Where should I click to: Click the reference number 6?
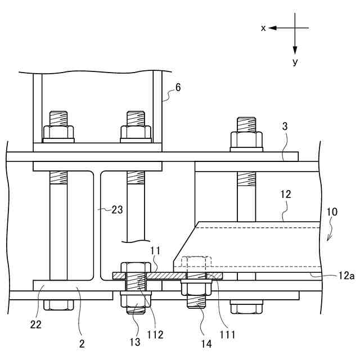(x=178, y=88)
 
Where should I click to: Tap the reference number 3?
(x=285, y=126)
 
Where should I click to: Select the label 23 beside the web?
(x=117, y=210)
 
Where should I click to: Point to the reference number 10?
(x=332, y=212)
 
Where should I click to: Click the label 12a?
(x=346, y=276)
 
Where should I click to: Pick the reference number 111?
(x=227, y=335)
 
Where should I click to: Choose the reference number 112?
(x=155, y=335)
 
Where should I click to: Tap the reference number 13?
(x=135, y=342)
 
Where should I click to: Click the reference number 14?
(x=206, y=344)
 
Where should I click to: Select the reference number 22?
(x=36, y=325)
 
